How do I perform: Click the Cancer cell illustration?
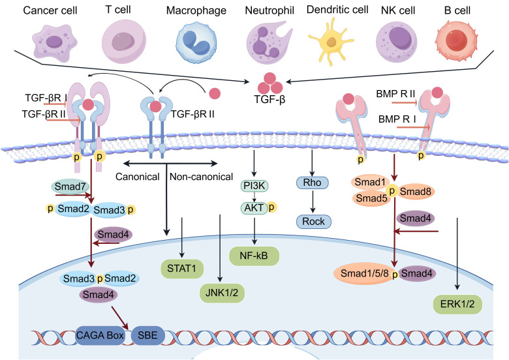[x=55, y=42]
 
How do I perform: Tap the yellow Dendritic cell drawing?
[x=332, y=42]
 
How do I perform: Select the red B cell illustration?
[x=457, y=41]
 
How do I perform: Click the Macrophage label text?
[x=196, y=10]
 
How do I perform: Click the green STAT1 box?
[x=182, y=269]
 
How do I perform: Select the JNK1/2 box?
[x=222, y=293]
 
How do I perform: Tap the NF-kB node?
[x=254, y=256]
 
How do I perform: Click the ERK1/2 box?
[x=457, y=304]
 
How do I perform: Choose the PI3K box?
[x=254, y=186]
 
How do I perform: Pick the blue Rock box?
[x=314, y=222]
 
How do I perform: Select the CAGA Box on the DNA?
[x=100, y=335]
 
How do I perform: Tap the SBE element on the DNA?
[x=148, y=335]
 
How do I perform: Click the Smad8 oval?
[x=416, y=192]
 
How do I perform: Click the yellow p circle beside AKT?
[x=271, y=207]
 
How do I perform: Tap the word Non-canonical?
[x=201, y=177]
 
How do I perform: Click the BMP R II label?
[x=395, y=94]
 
